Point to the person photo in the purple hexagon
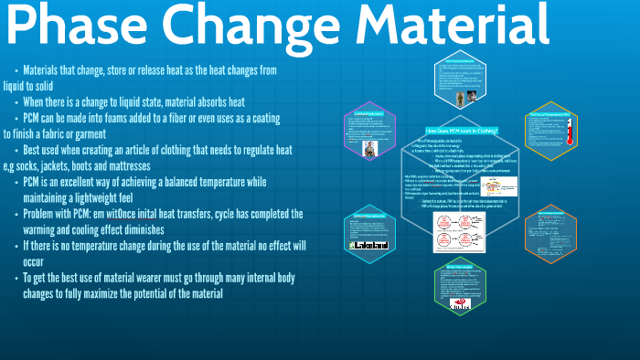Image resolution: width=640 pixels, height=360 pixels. (369, 150)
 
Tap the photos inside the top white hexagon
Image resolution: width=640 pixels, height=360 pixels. (465, 95)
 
